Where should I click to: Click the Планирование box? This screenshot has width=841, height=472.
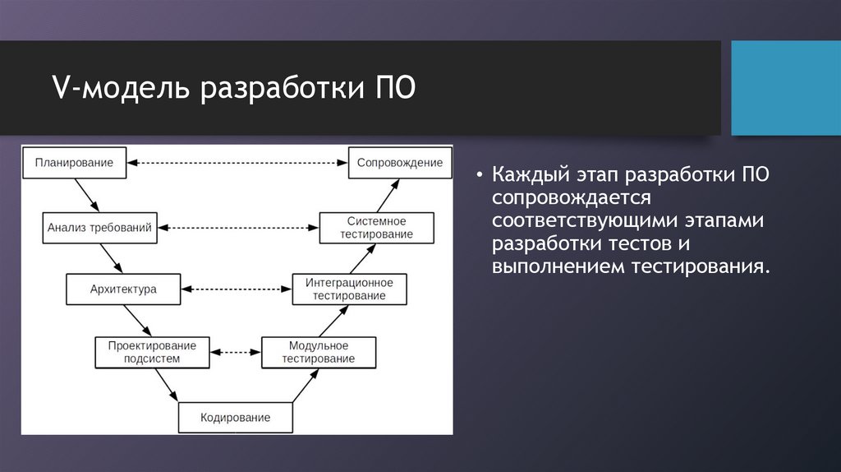(x=74, y=163)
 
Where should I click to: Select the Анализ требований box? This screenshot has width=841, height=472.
(x=99, y=228)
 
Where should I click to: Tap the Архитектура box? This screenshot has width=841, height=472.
(x=123, y=289)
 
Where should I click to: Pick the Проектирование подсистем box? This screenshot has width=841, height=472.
(x=152, y=352)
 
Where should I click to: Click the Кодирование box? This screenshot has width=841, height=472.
(x=236, y=418)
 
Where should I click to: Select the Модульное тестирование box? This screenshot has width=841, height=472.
(x=319, y=352)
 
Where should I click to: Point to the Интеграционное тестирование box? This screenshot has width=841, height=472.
(x=349, y=289)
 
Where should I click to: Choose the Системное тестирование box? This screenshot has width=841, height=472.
(x=377, y=228)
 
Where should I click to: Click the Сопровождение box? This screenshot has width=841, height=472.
(x=400, y=163)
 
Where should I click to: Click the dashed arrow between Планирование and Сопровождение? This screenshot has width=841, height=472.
(x=238, y=163)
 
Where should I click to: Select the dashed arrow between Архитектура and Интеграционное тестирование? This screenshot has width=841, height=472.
(x=236, y=289)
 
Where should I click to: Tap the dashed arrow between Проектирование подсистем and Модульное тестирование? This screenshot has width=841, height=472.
(x=236, y=352)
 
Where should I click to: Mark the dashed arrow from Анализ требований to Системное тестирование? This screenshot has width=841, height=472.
(x=237, y=228)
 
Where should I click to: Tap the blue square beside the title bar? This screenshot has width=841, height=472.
(x=785, y=88)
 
